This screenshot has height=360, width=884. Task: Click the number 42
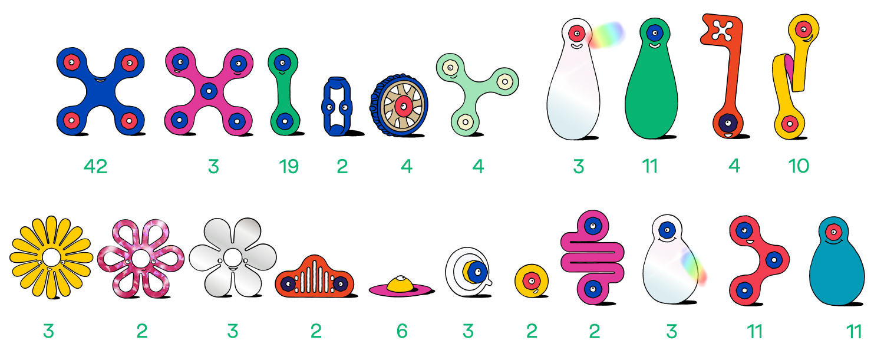pos(95,166)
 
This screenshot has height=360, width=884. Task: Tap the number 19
pos(289,166)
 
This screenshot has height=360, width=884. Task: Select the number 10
pos(799,166)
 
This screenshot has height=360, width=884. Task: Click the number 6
pos(402,331)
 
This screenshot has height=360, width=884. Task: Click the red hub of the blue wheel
pos(403,106)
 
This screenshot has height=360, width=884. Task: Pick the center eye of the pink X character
pos(209,91)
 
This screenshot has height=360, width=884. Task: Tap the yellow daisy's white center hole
pos(51,257)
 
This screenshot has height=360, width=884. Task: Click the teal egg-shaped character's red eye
pos(833,232)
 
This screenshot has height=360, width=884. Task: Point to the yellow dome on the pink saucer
pos(400,284)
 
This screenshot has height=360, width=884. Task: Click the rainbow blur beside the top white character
pos(606,35)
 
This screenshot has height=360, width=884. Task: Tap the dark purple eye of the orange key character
pos(728,123)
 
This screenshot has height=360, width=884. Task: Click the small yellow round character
pos(532,280)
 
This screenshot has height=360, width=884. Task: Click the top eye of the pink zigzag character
pos(593,226)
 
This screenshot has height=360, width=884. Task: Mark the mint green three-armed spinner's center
pos(476,88)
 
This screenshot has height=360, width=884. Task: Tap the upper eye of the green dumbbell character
pos(282,62)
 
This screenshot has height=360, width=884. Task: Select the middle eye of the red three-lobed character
pos(774,260)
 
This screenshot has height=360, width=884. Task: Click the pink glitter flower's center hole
pos(140,259)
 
